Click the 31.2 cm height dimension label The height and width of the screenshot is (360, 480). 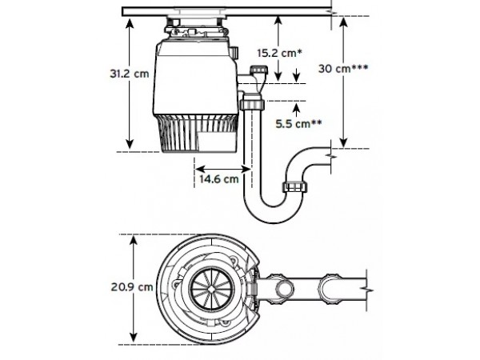(x=130, y=74)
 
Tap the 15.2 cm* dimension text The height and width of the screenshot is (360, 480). (x=279, y=53)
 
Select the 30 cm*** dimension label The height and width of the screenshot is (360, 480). (x=343, y=68)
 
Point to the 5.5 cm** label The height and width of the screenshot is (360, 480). (x=298, y=124)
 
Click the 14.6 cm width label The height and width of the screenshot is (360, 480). (x=219, y=178)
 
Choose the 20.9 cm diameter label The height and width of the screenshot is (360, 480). (x=132, y=287)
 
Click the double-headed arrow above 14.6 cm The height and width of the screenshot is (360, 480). (x=223, y=169)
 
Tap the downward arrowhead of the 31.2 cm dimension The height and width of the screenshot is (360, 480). (x=130, y=143)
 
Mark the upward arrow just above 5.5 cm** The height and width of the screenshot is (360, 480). (x=296, y=109)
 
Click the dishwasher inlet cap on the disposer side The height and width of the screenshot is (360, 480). (x=259, y=70)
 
